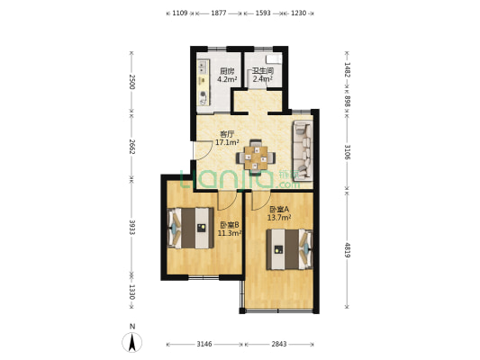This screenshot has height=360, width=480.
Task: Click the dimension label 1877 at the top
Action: pyautogui.click(x=219, y=13)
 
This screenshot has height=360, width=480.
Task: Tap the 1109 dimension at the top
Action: pyautogui.click(x=180, y=13)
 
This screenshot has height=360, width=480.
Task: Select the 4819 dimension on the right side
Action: pyautogui.click(x=347, y=250)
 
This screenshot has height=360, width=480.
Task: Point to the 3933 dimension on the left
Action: pyautogui.click(x=132, y=228)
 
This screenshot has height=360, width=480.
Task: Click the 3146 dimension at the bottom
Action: pyautogui.click(x=204, y=344)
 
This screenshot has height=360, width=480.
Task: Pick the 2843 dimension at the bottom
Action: pyautogui.click(x=279, y=344)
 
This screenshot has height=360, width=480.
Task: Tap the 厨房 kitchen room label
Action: pyautogui.click(x=227, y=71)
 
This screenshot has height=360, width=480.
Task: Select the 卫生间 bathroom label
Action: pyautogui.click(x=263, y=71)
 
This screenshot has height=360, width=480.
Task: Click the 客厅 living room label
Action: pyautogui.click(x=227, y=134)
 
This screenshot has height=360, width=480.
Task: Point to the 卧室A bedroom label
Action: pyautogui.click(x=279, y=210)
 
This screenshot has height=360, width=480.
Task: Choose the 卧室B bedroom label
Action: pyautogui.click(x=230, y=225)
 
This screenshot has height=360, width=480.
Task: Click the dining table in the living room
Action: pyautogui.click(x=256, y=157)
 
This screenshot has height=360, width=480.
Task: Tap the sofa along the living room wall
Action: pyautogui.click(x=303, y=150)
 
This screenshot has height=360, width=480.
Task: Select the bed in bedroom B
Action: pyautogui.click(x=190, y=229)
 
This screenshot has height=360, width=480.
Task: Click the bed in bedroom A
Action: pyautogui.click(x=290, y=249)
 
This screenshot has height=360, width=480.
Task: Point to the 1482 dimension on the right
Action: pyautogui.click(x=347, y=69)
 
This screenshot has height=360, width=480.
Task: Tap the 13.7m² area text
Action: pyautogui.click(x=279, y=218)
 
